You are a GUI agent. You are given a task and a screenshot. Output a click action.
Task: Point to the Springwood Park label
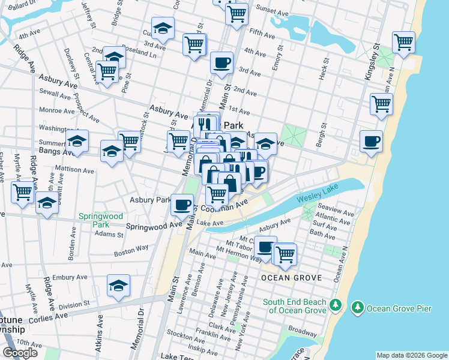100,220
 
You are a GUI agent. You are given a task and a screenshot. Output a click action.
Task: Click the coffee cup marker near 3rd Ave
221,62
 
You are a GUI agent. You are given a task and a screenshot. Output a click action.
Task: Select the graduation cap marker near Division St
119,286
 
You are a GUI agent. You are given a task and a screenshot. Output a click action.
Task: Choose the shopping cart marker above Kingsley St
404,42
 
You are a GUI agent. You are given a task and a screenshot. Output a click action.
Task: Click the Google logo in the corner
20,353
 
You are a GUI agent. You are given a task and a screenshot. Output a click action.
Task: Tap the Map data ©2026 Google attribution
411,355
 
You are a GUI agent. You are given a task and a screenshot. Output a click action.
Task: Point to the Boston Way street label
131,251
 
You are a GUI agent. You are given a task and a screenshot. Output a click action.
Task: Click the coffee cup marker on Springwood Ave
182,205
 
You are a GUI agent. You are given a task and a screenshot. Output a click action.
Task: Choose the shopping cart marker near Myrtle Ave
22,193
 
